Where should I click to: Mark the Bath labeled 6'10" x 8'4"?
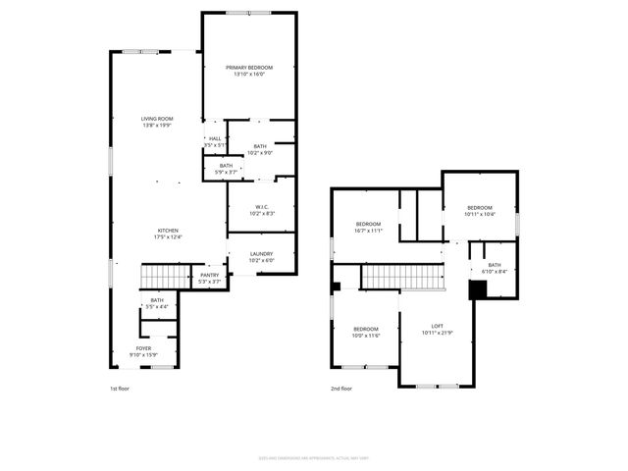tap(495, 268)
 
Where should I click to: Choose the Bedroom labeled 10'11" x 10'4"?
tap(479, 210)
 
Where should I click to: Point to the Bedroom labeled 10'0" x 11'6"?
tap(366, 332)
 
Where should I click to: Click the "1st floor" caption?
tap(119, 389)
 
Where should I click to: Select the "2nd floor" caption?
tap(342, 389)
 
